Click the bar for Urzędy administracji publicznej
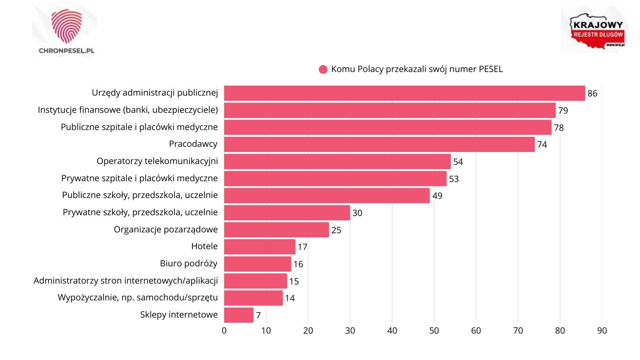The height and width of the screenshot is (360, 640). point(404,93)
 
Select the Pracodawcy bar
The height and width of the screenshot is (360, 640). point(379,144)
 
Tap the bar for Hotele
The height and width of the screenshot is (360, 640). point(260,247)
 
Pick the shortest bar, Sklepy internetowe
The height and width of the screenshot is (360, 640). point(239,315)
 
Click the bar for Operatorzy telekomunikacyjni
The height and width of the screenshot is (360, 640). point(337,162)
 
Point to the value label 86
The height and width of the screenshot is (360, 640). point(592,94)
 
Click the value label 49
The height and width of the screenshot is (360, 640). point(437,196)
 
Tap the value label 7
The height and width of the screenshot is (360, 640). point(258,316)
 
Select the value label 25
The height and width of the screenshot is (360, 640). point(336,230)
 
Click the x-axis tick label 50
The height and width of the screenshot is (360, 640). point(434,331)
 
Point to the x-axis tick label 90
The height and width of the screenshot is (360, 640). point(602,331)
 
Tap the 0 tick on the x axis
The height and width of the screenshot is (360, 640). point(224,331)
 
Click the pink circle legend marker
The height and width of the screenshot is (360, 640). point(323,70)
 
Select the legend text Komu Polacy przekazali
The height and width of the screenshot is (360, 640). point(417,69)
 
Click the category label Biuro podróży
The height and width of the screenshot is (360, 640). point(188,264)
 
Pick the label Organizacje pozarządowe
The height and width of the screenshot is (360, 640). point(166,230)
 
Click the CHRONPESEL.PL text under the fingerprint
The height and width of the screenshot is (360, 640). point(66,51)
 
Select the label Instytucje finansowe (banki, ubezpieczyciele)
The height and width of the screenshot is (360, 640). point(128,110)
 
